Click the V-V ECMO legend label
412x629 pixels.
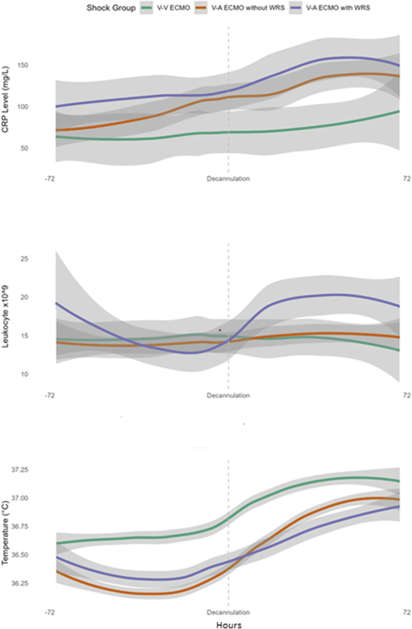pos(173,8)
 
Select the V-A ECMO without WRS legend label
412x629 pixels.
pos(248,8)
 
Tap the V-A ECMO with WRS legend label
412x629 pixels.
pos(338,8)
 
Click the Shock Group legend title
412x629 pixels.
pos(111,8)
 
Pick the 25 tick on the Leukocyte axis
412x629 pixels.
pos(25,258)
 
